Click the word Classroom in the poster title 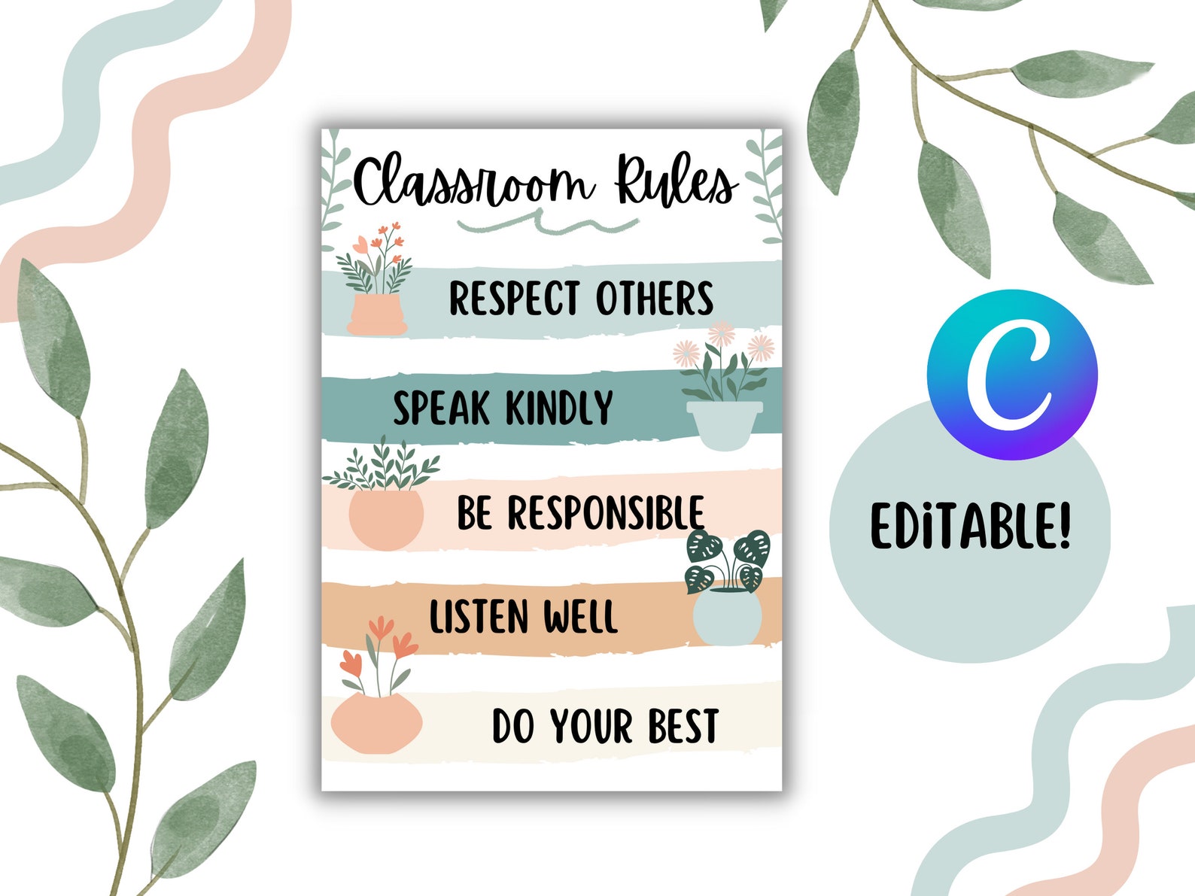[x=470, y=181]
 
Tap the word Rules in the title [x=674, y=181]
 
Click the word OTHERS [x=654, y=298]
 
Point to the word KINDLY [x=558, y=408]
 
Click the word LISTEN [x=479, y=617]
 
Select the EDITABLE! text [x=970, y=526]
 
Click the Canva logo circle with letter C [x=1012, y=374]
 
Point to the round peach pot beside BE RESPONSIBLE [x=385, y=518]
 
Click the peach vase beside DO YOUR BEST [x=376, y=722]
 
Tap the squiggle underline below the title [x=548, y=223]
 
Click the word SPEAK [x=441, y=408]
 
